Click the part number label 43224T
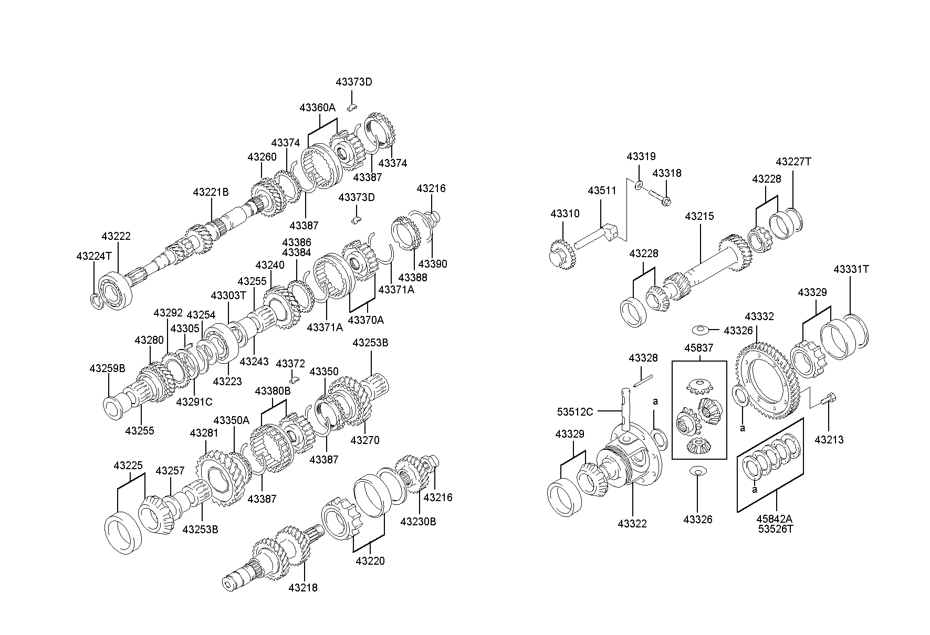94,256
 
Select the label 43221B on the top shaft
211,192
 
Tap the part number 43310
565,214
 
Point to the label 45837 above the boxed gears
698,348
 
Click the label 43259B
107,368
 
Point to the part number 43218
303,588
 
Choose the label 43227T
793,162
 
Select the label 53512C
575,411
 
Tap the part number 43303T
228,295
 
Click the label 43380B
273,391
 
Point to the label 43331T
851,269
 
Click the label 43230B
418,522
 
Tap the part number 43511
602,190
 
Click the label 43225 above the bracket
128,465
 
